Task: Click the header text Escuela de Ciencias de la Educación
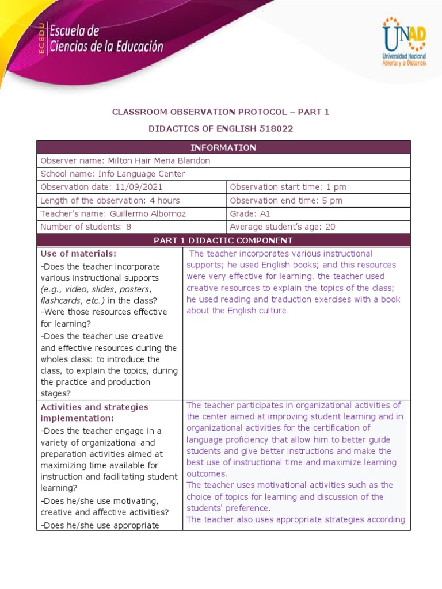pyautogui.click(x=106, y=39)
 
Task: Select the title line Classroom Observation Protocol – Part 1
pyautogui.click(x=220, y=112)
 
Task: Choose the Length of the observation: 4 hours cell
pyautogui.click(x=110, y=201)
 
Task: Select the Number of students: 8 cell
pyautogui.click(x=86, y=227)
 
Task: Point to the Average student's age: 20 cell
pyautogui.click(x=282, y=227)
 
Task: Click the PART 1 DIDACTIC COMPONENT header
pyautogui.click(x=223, y=240)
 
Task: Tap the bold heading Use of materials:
pyautogui.click(x=78, y=254)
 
